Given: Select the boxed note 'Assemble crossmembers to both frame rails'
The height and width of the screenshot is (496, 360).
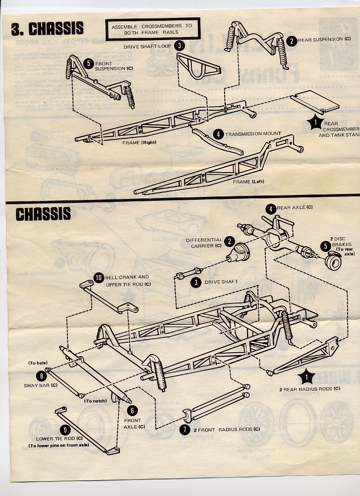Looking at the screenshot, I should point(152,29).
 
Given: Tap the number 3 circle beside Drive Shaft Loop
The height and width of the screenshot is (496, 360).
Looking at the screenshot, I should point(180,46).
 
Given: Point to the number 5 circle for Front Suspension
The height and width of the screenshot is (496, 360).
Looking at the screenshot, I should point(88,63).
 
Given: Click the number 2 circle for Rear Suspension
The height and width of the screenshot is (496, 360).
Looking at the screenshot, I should point(292,40).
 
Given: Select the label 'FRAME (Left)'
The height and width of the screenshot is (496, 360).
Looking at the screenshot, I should point(248,182).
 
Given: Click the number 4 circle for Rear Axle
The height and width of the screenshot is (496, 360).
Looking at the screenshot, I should point(271,209).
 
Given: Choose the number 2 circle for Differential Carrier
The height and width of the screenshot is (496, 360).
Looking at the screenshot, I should point(229,241).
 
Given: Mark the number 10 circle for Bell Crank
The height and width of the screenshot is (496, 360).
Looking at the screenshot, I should point(98,278).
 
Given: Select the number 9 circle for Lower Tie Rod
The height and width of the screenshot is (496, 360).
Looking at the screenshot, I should point(64,430).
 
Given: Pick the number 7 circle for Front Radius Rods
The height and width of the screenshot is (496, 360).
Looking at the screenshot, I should point(184,429).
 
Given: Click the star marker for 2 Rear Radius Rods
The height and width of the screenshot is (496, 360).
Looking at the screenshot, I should point(308,378).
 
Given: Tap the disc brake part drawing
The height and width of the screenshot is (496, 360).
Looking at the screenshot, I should point(334,261).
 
